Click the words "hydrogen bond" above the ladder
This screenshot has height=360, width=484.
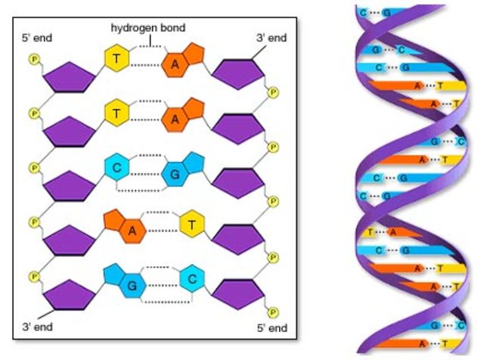tap(147, 28)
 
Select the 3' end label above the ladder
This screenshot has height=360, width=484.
tap(270, 36)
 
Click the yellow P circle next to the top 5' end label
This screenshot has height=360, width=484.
tap(33, 59)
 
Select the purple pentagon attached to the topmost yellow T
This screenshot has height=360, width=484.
tap(69, 76)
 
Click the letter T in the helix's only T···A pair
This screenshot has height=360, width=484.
tap(371, 232)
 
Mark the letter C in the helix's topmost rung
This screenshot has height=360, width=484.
tap(365, 13)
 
